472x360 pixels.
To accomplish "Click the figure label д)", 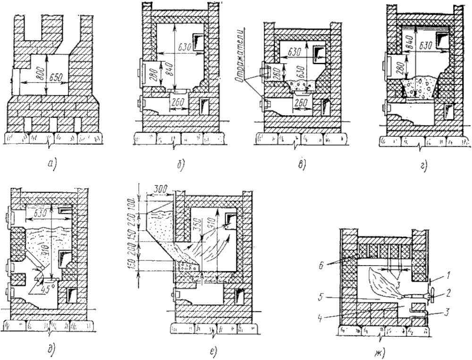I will click(x=51, y=349).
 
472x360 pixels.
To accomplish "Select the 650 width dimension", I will click(x=56, y=77).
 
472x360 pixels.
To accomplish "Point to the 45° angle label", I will click(x=46, y=285).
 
